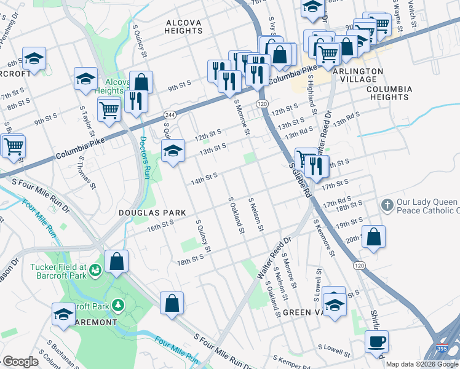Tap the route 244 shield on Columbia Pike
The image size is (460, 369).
tap(170, 115)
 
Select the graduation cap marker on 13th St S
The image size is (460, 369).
tap(173, 151)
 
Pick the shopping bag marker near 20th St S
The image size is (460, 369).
tap(373, 237)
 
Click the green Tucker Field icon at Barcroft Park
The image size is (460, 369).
tap(95, 269)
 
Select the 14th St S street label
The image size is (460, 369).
tap(204, 178)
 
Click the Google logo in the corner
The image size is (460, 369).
tap(20, 362)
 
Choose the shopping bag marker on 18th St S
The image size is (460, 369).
tap(116, 261)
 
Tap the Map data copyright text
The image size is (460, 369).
tap(422, 364)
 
